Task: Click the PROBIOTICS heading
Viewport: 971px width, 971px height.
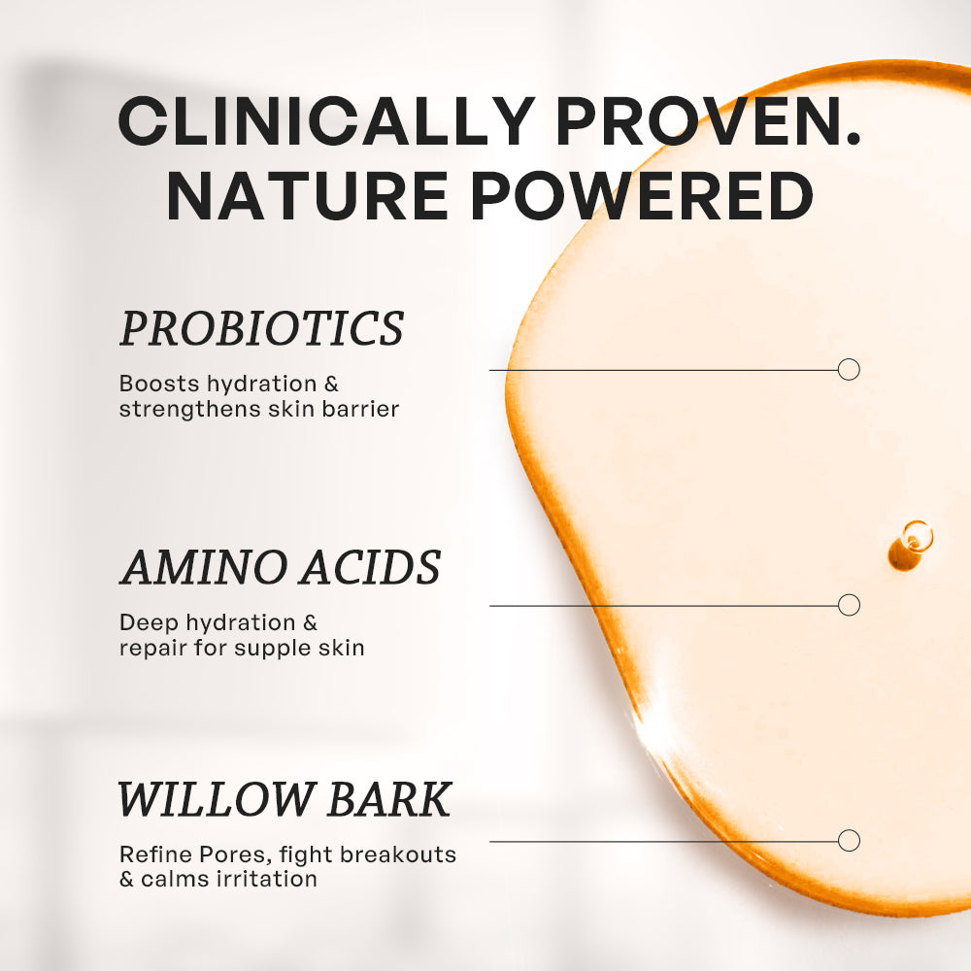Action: point(261,329)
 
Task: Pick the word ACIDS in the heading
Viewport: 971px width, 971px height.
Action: point(370,567)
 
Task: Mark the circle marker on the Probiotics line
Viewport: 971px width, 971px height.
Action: point(849,369)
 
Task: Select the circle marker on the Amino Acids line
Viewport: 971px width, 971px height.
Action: point(849,605)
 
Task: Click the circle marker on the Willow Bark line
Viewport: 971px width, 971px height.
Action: point(849,841)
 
